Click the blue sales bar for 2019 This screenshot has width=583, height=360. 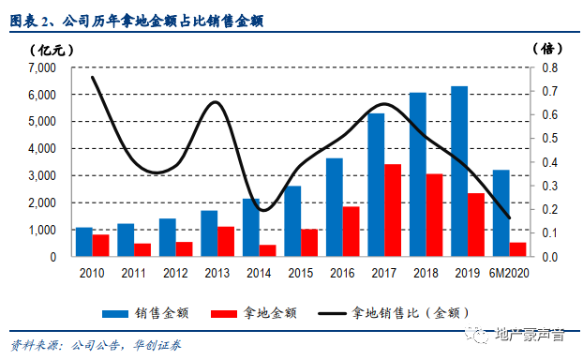coord(459,172)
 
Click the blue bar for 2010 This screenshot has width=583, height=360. coord(84,242)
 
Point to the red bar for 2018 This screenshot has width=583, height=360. coord(434,216)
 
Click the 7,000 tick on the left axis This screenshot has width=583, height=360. coord(41,68)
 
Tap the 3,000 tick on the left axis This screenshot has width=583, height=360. coord(41,176)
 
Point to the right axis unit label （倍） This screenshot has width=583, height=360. coord(547,49)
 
